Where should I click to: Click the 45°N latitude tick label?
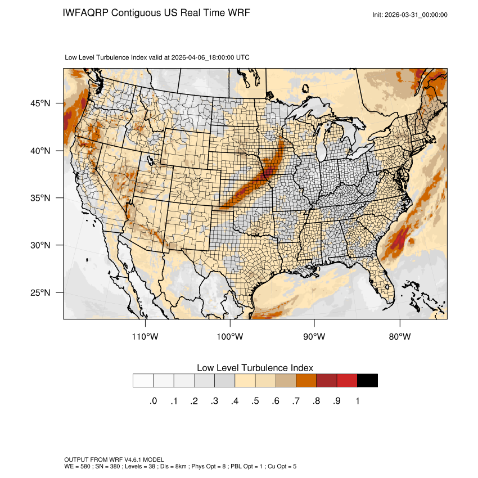[x=40, y=103]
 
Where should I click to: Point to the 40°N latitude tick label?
[x=40, y=151]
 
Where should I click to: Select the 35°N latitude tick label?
[x=40, y=198]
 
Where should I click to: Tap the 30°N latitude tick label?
[x=40, y=245]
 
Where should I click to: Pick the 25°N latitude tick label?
[x=40, y=292]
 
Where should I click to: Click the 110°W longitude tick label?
[x=146, y=337]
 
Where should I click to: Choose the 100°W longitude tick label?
[x=230, y=337]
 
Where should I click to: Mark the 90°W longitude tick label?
[x=314, y=337]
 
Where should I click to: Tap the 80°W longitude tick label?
[x=399, y=337]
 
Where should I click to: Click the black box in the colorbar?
[x=367, y=381]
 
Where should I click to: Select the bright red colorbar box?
[x=347, y=381]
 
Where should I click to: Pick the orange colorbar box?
[x=306, y=381]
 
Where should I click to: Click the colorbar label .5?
[x=255, y=401]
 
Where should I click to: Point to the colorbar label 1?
[x=357, y=401]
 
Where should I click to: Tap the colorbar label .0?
[x=154, y=401]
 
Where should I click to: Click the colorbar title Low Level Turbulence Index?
[x=255, y=368]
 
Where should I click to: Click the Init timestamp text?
[x=410, y=15]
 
